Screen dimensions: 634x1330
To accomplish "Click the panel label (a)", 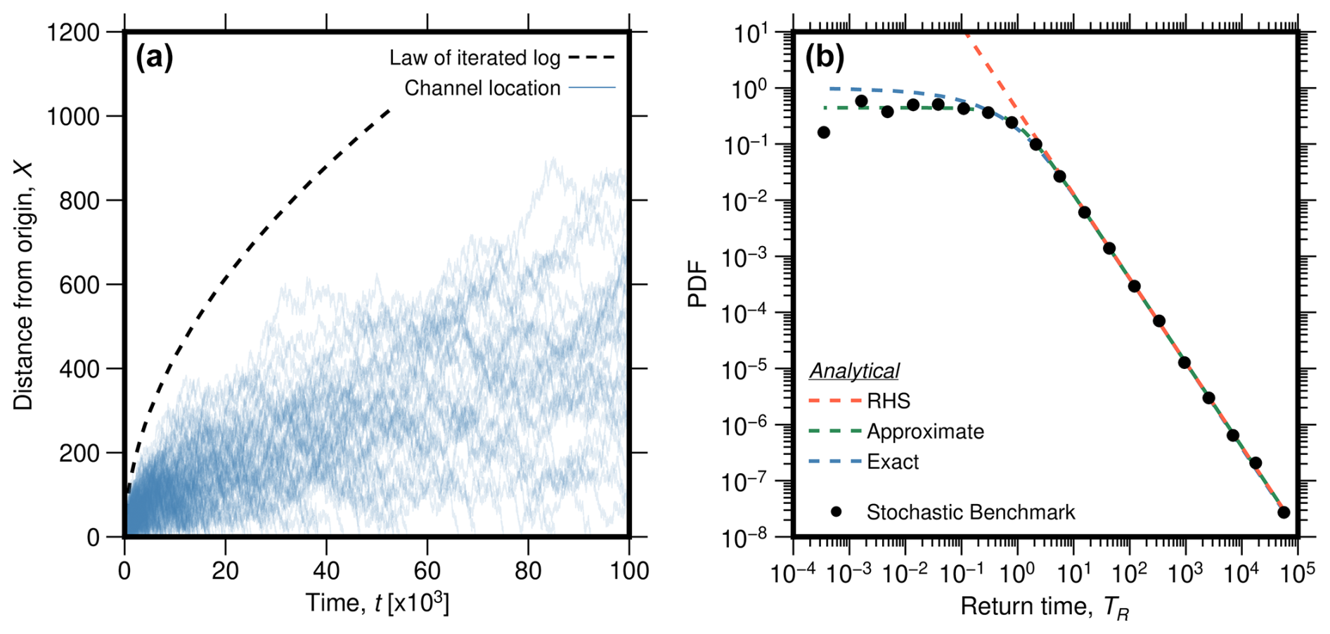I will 154,58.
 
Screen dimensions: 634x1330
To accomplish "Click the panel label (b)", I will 824,58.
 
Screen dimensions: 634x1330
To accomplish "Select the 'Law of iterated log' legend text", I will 474,58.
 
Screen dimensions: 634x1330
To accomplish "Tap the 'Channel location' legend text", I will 482,89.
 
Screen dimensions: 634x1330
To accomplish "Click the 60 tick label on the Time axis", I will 427,571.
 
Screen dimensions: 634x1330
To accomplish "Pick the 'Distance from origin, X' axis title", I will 23,285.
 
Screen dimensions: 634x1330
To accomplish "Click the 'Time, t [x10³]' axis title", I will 377,603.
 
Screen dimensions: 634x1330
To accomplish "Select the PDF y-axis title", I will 697,285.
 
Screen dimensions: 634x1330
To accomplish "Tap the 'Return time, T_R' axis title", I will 1045,607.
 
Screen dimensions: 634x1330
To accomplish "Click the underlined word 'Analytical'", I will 854,371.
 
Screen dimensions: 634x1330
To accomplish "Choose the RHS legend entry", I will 889,401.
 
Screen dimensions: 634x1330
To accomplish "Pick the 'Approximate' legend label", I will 925,432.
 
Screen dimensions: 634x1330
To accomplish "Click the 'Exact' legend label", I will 893,462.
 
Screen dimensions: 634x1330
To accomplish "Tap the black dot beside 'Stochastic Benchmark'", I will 836,512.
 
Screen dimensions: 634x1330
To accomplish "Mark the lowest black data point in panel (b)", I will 1284,512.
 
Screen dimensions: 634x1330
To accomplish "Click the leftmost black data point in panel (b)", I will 824,132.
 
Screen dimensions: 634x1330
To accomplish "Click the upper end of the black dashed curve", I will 389,110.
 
